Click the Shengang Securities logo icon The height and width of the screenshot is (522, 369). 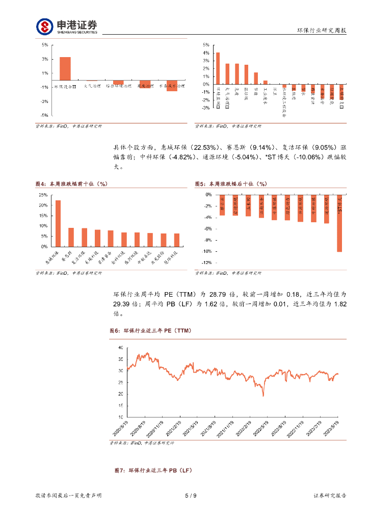tap(44, 26)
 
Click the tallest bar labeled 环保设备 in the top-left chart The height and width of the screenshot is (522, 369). tap(65, 68)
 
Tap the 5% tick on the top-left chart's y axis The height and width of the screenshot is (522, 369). tap(45, 45)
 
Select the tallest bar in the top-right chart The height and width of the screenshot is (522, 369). tap(218, 68)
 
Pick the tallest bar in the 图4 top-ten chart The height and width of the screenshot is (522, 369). tap(58, 223)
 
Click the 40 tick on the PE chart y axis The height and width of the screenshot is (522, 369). tap(120, 347)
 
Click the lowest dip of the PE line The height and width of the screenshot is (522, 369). tap(263, 395)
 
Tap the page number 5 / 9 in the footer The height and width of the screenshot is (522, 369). tap(190, 495)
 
